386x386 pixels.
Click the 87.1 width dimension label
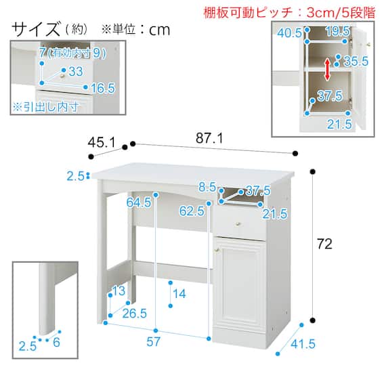click(209, 138)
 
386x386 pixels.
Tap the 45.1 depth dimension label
click(102, 142)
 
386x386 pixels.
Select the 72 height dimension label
click(324, 244)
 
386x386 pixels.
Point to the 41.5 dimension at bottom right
click(303, 344)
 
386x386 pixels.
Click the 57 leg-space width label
click(153, 342)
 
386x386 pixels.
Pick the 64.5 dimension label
click(139, 202)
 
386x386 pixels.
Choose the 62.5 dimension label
click(192, 211)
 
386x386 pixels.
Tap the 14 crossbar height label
click(179, 294)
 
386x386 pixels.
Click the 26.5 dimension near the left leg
click(134, 314)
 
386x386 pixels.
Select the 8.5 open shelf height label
click(207, 187)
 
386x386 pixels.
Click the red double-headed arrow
click(327, 70)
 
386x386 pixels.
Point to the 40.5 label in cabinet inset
click(289, 33)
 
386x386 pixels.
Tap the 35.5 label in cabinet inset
click(356, 61)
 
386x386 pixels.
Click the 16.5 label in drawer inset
click(103, 88)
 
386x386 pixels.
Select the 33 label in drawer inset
click(76, 72)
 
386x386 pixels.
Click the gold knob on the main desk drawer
click(238, 223)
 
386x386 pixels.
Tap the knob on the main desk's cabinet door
click(217, 250)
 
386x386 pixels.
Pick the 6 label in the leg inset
click(56, 342)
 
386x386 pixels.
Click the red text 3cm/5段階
click(341, 13)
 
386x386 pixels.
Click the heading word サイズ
click(36, 29)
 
